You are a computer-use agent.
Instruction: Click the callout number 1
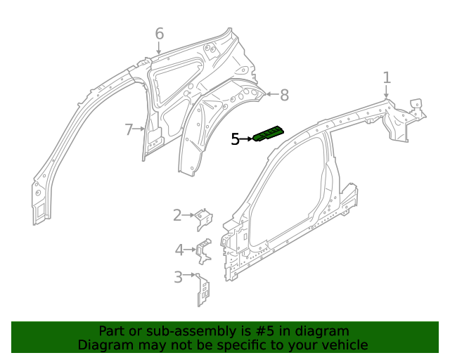(387, 77)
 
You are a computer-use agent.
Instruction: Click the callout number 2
(178, 215)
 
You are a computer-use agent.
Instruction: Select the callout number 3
(179, 277)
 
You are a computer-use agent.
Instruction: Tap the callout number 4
(179, 249)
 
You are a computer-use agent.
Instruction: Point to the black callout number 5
(236, 140)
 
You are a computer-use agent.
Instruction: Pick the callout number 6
(160, 34)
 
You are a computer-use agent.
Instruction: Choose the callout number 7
(129, 129)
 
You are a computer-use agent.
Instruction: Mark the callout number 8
(284, 95)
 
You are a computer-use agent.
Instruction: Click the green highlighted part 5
(269, 133)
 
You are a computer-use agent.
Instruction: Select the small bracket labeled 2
(203, 219)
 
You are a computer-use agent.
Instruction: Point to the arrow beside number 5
(247, 139)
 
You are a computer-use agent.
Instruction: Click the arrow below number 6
(159, 49)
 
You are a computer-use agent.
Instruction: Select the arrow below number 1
(386, 92)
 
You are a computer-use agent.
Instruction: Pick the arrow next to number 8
(271, 94)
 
